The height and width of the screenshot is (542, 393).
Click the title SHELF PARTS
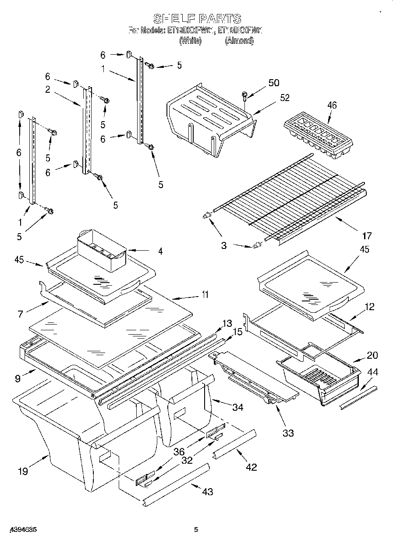(197, 19)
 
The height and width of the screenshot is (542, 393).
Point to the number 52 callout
(284, 98)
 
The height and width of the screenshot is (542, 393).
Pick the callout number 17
(367, 236)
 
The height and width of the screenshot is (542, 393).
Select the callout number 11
(204, 294)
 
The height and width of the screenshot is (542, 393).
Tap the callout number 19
(23, 471)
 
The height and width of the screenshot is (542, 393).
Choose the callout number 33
(288, 433)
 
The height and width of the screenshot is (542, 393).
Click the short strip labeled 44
(358, 397)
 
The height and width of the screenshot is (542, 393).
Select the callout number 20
(372, 355)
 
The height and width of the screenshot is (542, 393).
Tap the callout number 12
(369, 307)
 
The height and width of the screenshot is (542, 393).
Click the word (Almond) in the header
(239, 41)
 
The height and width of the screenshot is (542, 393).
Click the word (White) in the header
(190, 41)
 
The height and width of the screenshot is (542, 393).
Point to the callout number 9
(18, 378)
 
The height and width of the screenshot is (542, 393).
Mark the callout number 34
(238, 407)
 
